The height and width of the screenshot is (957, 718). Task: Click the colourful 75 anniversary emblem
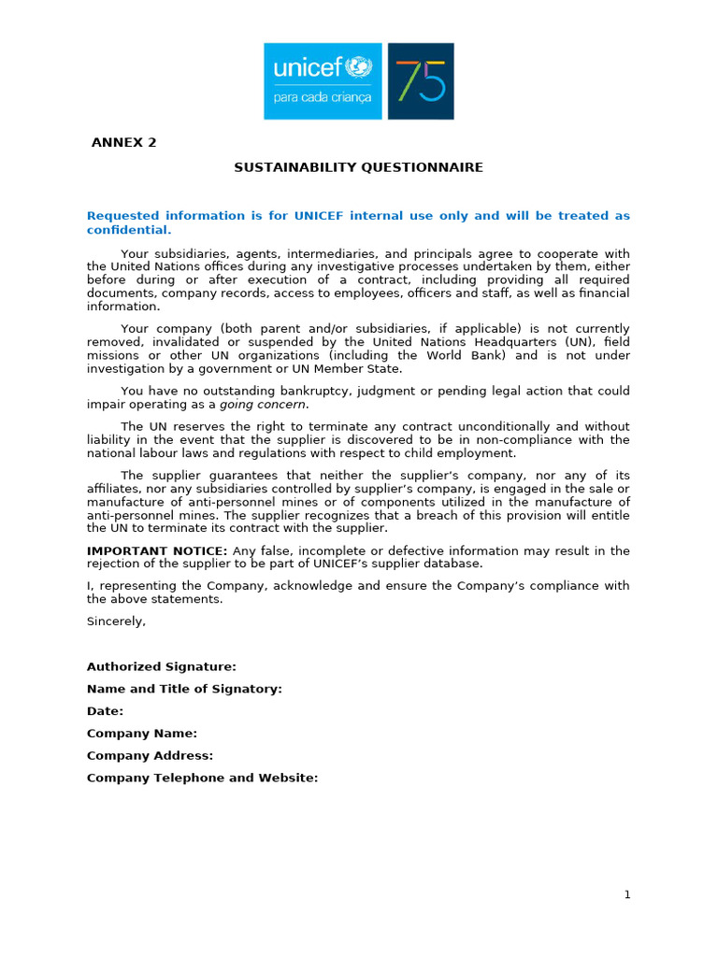pos(421,80)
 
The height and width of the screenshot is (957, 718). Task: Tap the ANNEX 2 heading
pos(123,143)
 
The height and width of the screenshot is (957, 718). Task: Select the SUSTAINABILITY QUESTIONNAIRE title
pos(358,167)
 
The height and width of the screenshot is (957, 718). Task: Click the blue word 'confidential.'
pos(129,230)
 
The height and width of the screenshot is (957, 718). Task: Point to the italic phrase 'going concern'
pos(263,405)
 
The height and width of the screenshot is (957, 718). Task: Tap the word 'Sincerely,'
pos(116,621)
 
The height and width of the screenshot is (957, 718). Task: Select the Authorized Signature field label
pos(162,666)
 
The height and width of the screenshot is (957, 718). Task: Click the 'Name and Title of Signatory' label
pos(184,689)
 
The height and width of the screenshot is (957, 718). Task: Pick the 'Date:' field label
pos(105,711)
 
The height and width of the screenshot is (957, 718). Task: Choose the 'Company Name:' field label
pos(142,734)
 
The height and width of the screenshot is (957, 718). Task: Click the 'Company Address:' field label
pos(150,755)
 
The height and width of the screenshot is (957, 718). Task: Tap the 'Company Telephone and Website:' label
pos(203,778)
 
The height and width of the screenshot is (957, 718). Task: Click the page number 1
pos(628,894)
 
